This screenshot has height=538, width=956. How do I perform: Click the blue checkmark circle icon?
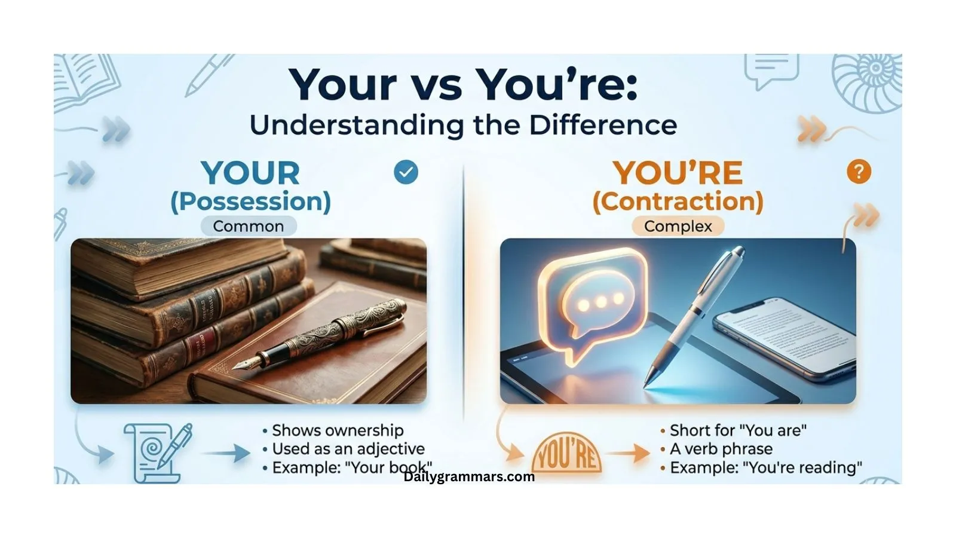(406, 172)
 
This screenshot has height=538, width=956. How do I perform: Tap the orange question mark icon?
(859, 172)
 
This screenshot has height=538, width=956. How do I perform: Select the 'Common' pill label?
(248, 226)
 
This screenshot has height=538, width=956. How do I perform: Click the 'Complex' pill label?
(678, 226)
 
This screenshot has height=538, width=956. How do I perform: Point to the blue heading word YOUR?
(250, 173)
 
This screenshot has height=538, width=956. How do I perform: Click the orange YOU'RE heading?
(678, 173)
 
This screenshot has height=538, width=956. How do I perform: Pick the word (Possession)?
(250, 201)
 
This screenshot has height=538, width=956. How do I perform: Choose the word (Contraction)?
(678, 201)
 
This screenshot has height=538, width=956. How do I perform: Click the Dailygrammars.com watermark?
(469, 476)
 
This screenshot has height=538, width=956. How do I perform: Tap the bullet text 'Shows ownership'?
(338, 430)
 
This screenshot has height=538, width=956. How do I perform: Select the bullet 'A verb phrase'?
(721, 449)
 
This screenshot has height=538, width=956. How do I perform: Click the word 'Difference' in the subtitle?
(603, 125)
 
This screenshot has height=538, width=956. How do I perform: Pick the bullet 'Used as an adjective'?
(348, 449)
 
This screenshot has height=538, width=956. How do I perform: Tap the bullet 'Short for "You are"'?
(738, 430)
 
